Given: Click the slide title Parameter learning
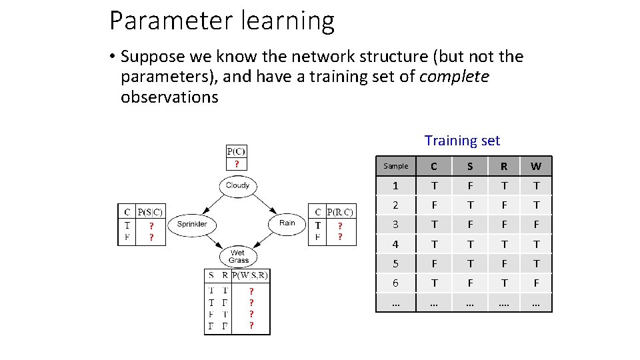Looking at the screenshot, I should tap(222, 21).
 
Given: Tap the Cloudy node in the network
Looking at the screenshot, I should tap(237, 185).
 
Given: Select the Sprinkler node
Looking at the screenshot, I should tap(192, 224).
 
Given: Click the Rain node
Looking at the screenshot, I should tap(287, 223).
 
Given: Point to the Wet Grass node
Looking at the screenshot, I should tap(238, 257).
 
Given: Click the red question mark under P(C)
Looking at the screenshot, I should tap(236, 164).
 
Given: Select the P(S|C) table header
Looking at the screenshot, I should tap(150, 212).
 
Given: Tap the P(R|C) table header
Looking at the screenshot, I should tap(339, 213).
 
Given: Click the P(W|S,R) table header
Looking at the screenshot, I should tap(250, 275).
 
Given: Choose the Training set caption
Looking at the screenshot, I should tap(462, 141).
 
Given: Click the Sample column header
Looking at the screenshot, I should tap(396, 166).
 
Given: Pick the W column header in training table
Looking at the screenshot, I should tap(536, 166).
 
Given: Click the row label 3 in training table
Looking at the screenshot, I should tap(396, 225).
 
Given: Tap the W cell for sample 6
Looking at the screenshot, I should tap(536, 283).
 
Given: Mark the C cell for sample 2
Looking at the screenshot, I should tap(435, 205).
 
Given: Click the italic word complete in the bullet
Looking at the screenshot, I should tap(454, 77).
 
